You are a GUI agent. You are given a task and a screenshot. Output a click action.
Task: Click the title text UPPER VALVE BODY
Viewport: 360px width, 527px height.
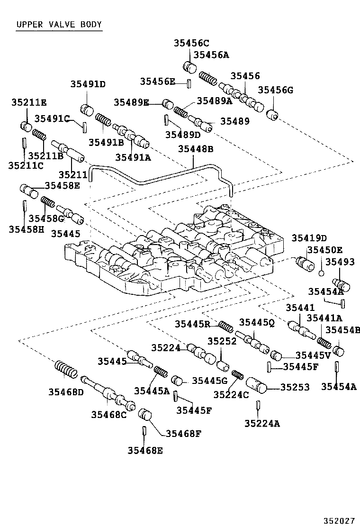tap(59, 25)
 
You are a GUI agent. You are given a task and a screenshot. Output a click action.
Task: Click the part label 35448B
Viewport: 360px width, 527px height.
tap(196, 149)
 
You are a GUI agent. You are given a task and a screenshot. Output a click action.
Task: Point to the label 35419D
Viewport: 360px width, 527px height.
tap(309, 238)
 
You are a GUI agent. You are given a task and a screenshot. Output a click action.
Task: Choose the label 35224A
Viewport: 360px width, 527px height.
tap(262, 424)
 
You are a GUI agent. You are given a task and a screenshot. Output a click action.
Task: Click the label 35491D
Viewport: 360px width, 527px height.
tap(88, 84)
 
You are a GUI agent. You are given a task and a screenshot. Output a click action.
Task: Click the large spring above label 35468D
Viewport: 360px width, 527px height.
tap(66, 368)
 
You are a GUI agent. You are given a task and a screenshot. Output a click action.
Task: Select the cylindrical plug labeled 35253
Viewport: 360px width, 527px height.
tap(256, 385)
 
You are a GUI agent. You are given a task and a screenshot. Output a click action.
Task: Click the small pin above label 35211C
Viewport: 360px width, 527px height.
tap(23, 143)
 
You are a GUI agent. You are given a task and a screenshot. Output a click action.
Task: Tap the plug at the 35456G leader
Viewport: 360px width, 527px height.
tap(271, 115)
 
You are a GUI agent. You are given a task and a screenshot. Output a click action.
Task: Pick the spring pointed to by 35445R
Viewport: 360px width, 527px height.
tap(225, 326)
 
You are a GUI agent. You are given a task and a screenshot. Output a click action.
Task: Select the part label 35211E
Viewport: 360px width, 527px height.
tap(29, 102)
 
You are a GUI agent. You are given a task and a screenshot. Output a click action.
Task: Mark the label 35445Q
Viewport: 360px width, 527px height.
tap(257, 323)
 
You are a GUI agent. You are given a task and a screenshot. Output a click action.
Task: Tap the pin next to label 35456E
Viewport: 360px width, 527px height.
tap(189, 84)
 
